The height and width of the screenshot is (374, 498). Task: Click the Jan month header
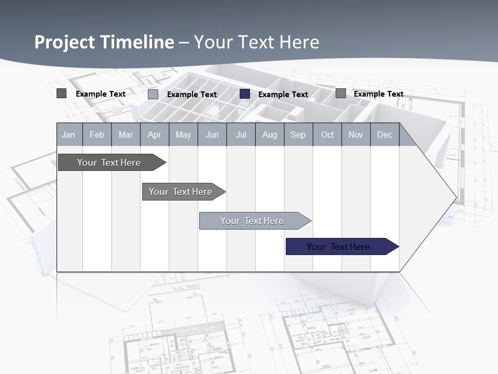(x=69, y=135)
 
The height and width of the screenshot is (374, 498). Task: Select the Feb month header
(x=97, y=135)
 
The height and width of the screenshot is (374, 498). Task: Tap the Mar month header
(x=126, y=135)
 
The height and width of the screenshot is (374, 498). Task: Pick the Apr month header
(x=155, y=135)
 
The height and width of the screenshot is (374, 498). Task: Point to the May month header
(x=183, y=135)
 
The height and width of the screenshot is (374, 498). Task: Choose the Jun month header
(x=212, y=135)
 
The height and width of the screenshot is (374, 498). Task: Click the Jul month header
(x=241, y=135)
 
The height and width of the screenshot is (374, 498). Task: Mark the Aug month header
(x=270, y=135)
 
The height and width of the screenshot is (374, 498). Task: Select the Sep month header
(x=298, y=135)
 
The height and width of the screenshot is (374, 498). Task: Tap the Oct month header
(x=327, y=135)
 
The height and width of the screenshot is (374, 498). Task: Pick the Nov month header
(x=356, y=135)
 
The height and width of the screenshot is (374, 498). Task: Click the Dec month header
(x=385, y=135)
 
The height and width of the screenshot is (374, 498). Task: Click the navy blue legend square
(x=245, y=94)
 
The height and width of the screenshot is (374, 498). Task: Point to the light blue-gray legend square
(x=153, y=94)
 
